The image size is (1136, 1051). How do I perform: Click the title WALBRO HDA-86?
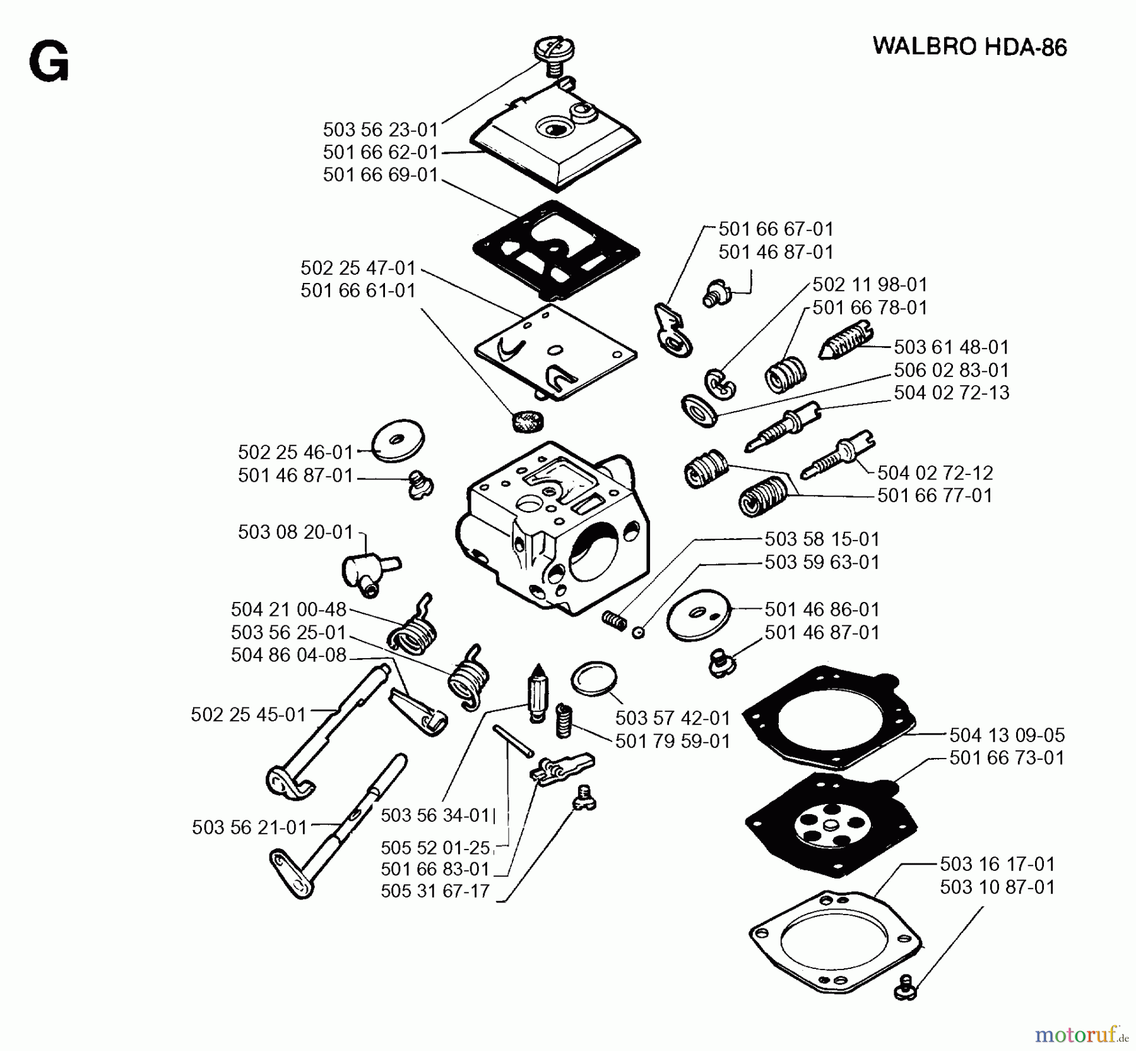click(969, 47)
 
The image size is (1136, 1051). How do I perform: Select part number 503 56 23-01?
click(380, 129)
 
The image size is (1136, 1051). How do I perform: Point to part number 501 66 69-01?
click(380, 175)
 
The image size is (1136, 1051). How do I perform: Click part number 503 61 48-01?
click(951, 347)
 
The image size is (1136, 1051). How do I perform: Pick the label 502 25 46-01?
click(295, 452)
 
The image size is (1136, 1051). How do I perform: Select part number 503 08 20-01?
click(295, 532)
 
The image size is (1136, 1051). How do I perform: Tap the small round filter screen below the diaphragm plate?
click(526, 421)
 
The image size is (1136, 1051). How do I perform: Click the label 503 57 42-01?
click(672, 718)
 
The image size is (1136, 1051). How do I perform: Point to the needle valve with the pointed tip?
click(537, 692)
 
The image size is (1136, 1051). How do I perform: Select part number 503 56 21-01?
click(249, 827)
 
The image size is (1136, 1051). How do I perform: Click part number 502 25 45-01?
click(248, 714)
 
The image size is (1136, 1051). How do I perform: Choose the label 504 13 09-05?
click(1007, 735)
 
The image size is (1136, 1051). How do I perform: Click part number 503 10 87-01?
click(997, 887)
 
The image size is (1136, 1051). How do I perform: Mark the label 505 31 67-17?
click(435, 891)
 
